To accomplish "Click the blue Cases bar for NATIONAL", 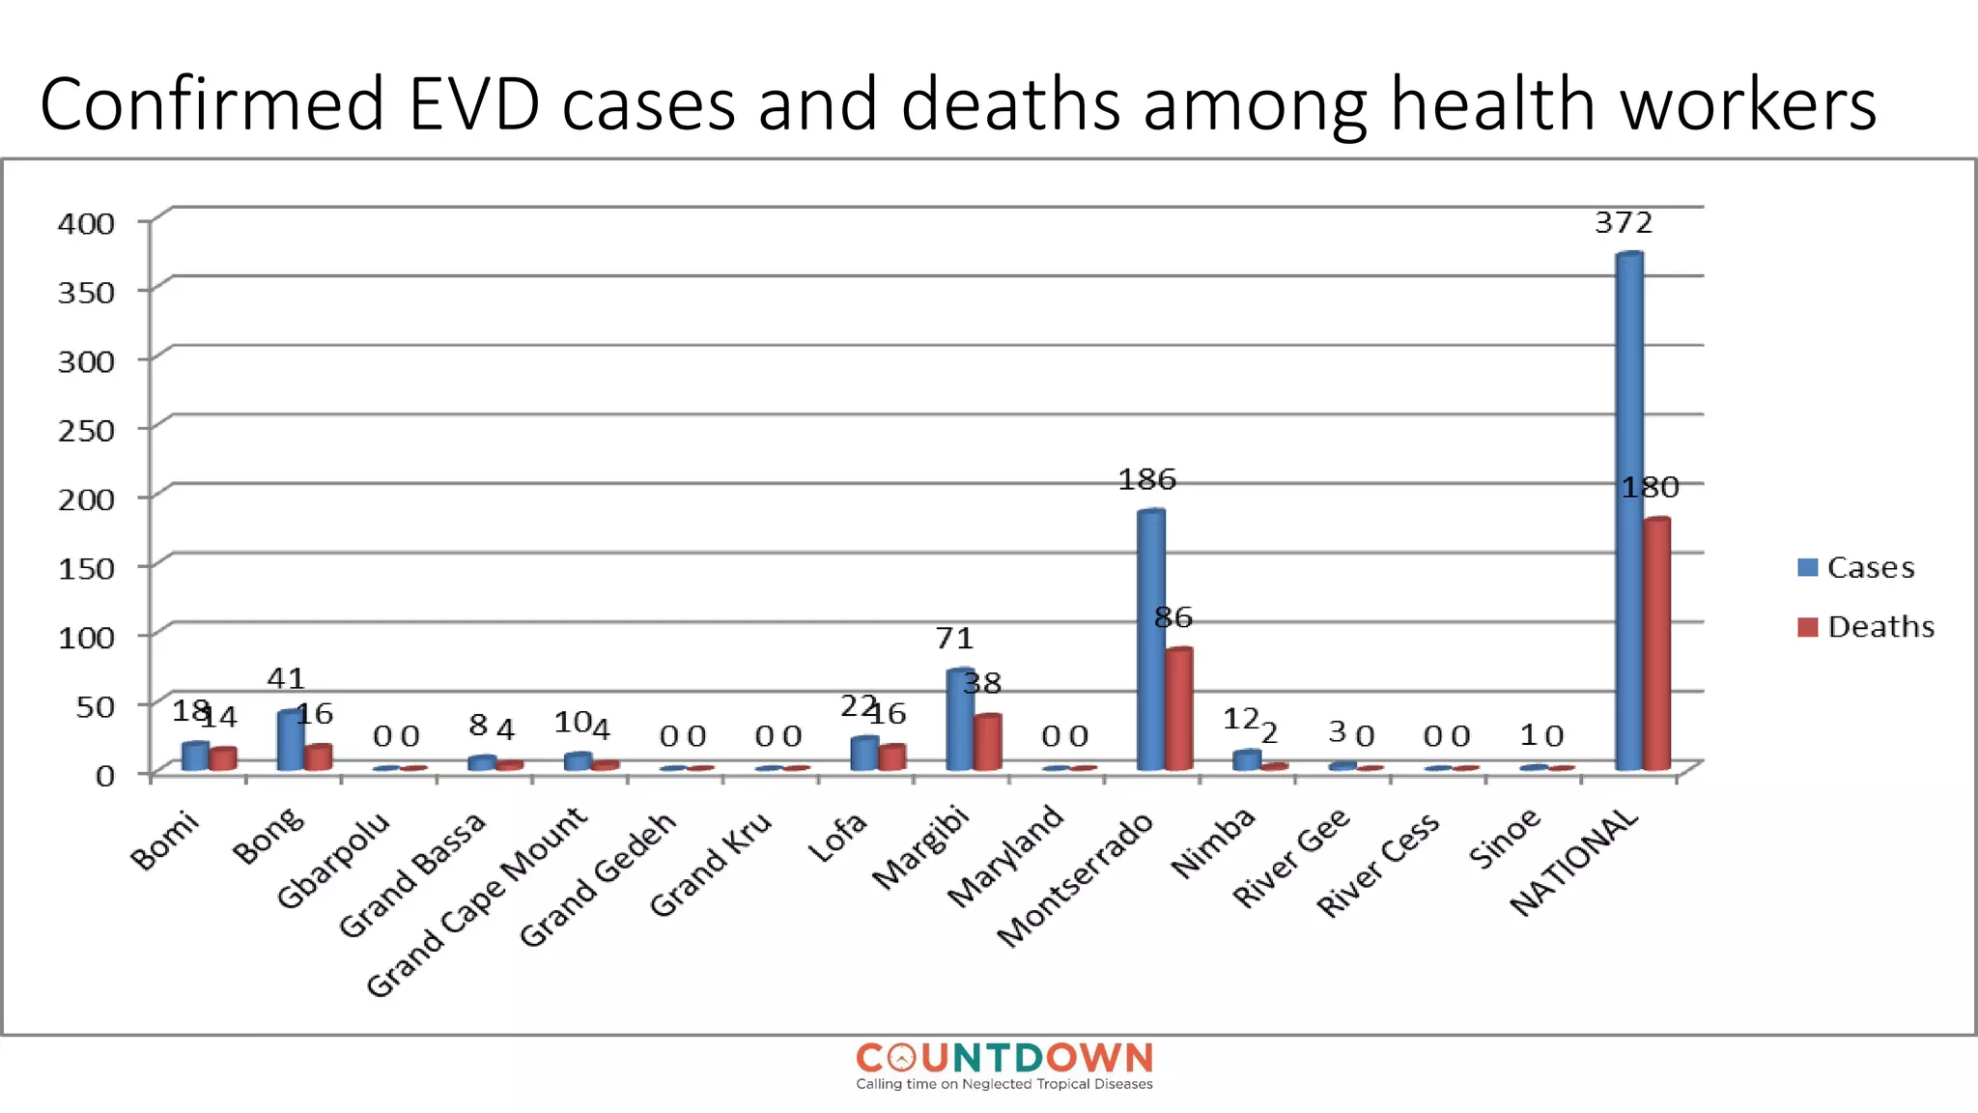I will pyautogui.click(x=1628, y=512).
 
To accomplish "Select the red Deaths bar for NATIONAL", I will pyautogui.click(x=1656, y=644).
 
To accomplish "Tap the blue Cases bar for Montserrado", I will pyautogui.click(x=1150, y=640).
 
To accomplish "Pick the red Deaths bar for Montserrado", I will pyautogui.click(x=1178, y=709).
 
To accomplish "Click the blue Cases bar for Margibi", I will pyautogui.click(x=959, y=720).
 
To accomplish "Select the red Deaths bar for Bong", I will pyautogui.click(x=318, y=757).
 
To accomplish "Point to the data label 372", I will pyautogui.click(x=1624, y=223).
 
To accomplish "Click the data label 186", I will pyautogui.click(x=1146, y=480).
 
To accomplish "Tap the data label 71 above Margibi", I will pyautogui.click(x=954, y=639).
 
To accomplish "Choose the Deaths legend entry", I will pyautogui.click(x=1866, y=627).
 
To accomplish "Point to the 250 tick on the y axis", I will pyautogui.click(x=86, y=430).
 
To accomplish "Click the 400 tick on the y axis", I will pyautogui.click(x=86, y=223).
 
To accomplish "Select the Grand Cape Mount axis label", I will pyautogui.click(x=476, y=900).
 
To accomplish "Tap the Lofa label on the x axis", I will pyautogui.click(x=837, y=837).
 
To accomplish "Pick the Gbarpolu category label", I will pyautogui.click(x=333, y=860).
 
